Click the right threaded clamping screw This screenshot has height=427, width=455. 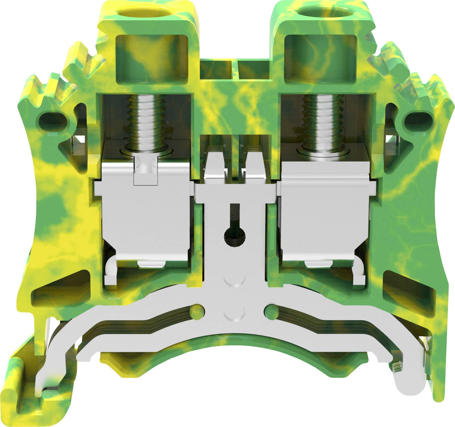tap(322, 121)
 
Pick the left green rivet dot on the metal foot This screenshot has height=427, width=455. tap(197, 312)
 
